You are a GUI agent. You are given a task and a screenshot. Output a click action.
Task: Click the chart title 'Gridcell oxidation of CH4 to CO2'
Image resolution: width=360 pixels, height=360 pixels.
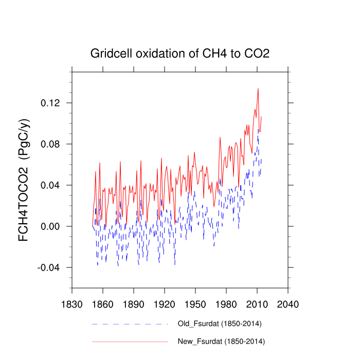(180, 53)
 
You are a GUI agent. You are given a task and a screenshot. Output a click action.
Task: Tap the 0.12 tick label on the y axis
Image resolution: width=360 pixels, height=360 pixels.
(50, 103)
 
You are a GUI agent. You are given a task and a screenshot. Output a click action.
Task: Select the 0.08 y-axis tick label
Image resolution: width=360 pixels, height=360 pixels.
(50, 144)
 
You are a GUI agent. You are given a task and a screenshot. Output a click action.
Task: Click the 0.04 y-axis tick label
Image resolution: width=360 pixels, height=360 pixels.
(50, 185)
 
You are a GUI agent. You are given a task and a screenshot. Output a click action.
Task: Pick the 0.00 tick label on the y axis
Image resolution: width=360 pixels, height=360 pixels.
(50, 226)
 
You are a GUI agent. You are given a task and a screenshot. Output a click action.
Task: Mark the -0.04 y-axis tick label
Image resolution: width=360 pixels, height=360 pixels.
(49, 267)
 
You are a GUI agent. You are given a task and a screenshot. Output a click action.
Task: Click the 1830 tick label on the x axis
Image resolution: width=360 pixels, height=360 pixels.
(71, 304)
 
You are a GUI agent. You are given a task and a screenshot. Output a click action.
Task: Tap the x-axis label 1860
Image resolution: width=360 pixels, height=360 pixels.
(102, 304)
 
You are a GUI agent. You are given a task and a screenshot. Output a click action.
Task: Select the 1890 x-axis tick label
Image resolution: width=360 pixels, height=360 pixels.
(133, 304)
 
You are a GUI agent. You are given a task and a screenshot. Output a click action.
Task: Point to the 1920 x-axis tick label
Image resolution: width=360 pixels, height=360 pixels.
(164, 304)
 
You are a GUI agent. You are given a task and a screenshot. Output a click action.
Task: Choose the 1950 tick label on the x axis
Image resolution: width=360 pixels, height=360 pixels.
(195, 304)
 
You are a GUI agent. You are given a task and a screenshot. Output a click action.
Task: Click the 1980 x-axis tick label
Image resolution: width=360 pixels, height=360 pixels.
(226, 304)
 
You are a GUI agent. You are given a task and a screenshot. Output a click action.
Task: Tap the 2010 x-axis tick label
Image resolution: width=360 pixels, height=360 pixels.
(257, 304)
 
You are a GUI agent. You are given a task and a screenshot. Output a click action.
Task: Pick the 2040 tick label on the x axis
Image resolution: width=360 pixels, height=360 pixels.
(287, 304)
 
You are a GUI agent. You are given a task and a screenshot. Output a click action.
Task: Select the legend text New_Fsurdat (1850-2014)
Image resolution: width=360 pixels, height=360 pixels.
(221, 341)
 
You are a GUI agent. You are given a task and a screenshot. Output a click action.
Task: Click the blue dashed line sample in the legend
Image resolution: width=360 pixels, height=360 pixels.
(130, 324)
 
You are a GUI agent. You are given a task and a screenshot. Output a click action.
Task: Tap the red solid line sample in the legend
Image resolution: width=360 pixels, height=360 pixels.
(130, 341)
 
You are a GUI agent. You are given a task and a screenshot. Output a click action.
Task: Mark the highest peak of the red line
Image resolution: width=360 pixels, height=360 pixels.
(258, 88)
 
